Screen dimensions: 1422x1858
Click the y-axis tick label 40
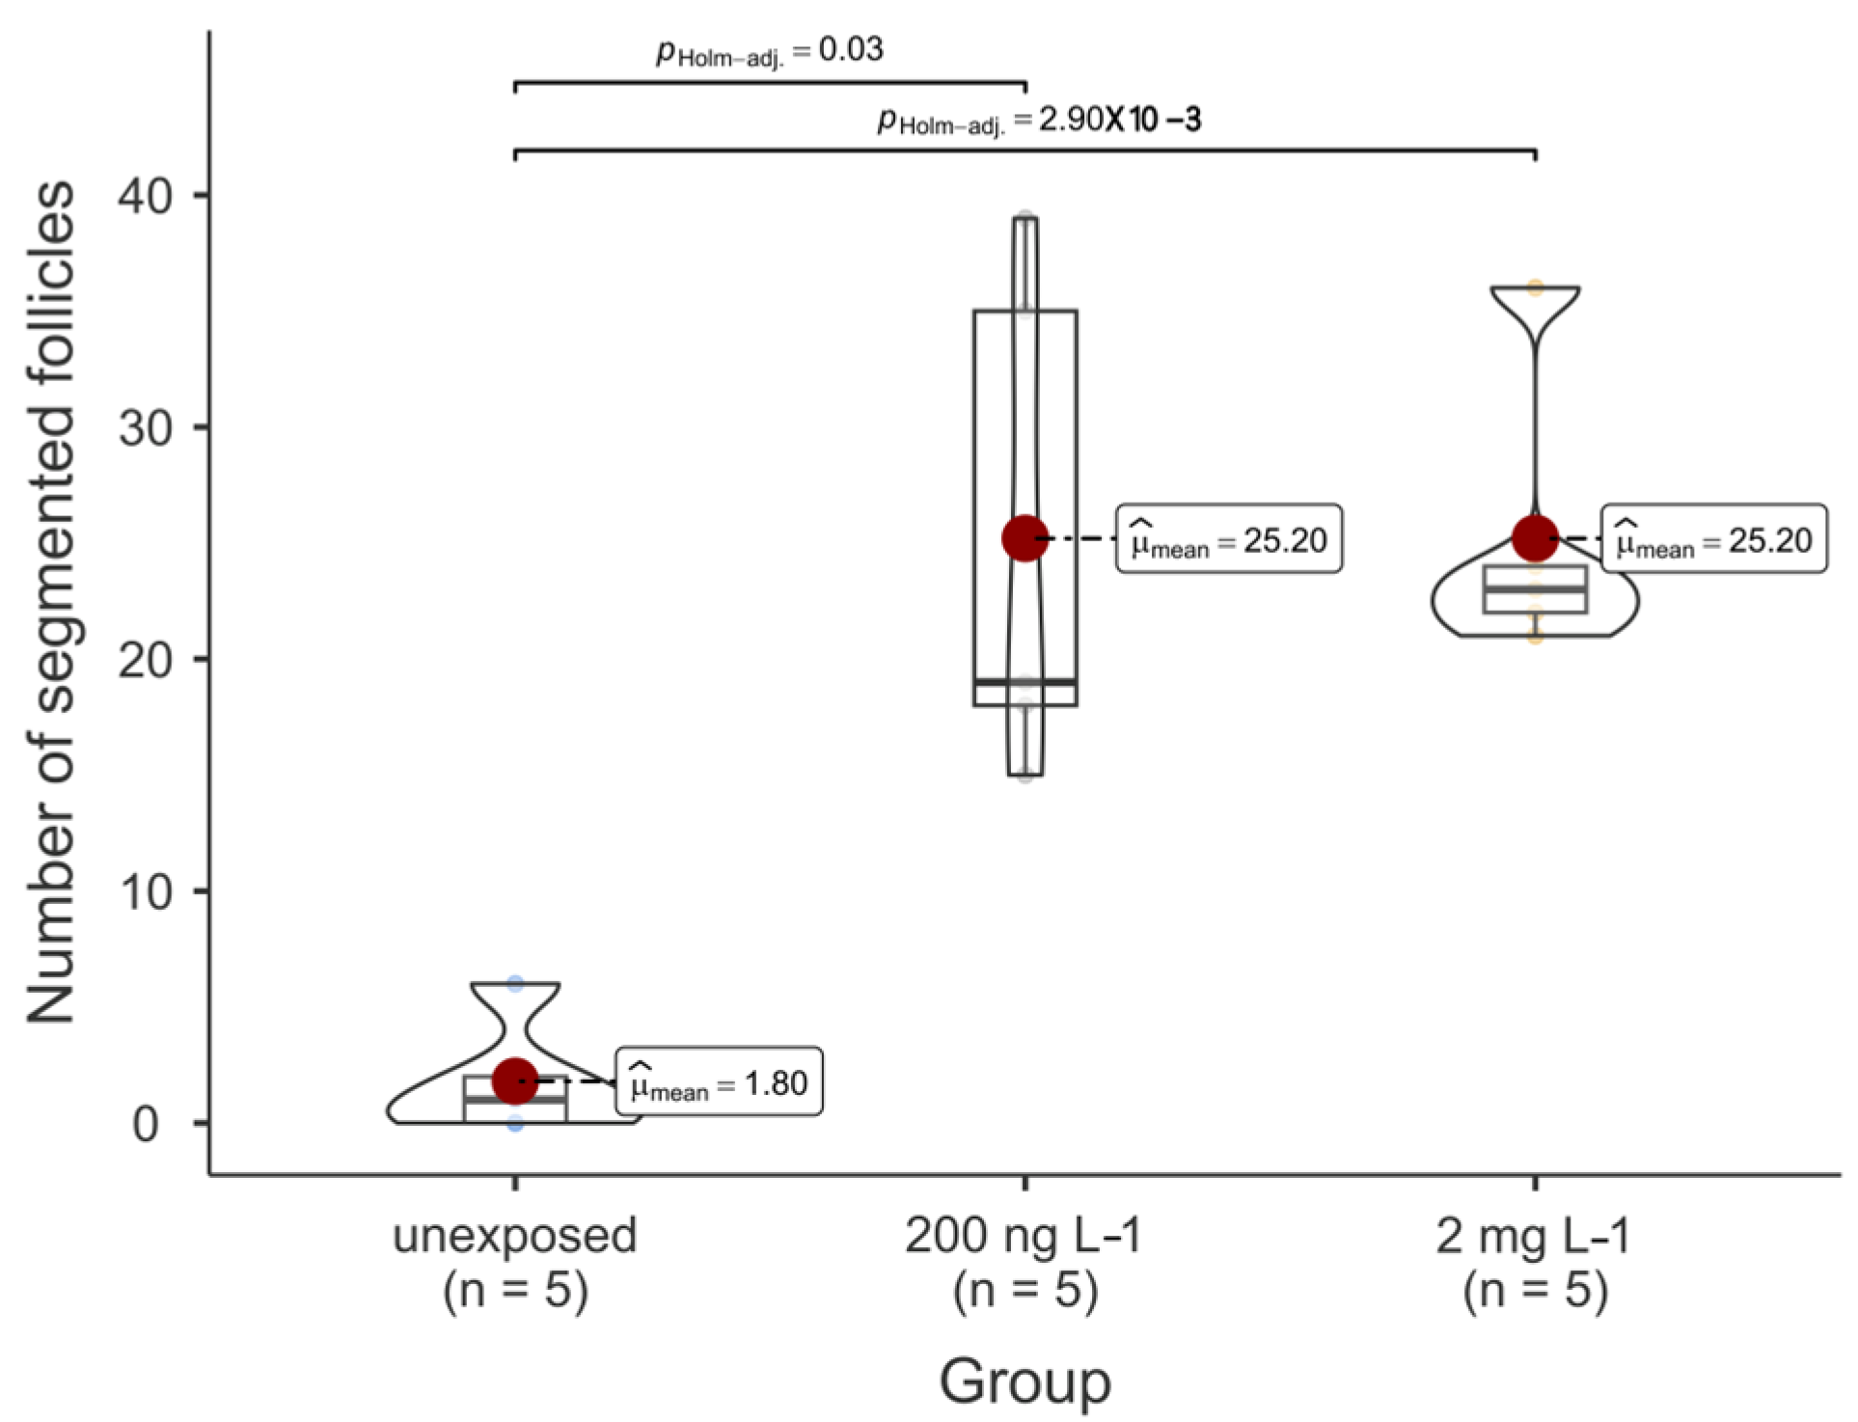tap(145, 196)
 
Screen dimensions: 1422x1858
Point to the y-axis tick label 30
tap(145, 427)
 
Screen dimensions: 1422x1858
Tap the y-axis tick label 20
tap(145, 660)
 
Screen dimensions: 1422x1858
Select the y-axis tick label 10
tap(145, 891)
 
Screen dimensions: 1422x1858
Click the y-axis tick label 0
tap(146, 1124)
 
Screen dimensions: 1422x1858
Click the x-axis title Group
tap(1025, 1381)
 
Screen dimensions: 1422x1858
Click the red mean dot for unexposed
tap(515, 1081)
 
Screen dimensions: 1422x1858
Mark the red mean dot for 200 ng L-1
tap(1025, 538)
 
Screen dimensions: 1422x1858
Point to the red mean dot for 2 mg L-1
tap(1535, 538)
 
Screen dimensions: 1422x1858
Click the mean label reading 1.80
tap(719, 1082)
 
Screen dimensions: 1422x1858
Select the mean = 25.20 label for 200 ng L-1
tap(1229, 539)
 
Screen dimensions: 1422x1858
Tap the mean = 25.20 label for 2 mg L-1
tap(1714, 539)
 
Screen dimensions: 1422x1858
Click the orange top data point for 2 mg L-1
tap(1535, 287)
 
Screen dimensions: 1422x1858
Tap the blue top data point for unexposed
tap(515, 984)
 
